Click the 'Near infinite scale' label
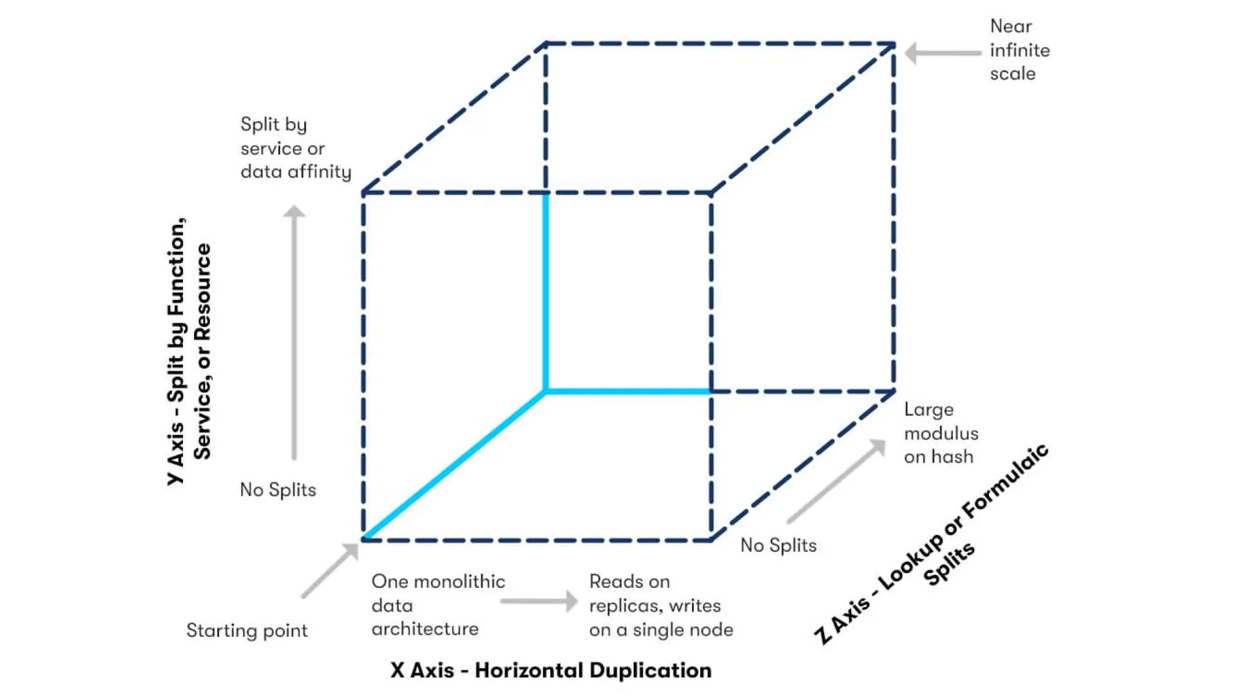point(1019,50)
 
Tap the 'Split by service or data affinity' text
point(295,148)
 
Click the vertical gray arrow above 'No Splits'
point(294,332)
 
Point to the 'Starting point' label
point(247,630)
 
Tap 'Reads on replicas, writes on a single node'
point(660,606)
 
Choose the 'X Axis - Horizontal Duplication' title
point(551,670)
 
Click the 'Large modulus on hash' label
point(941,433)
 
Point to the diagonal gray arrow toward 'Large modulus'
point(836,481)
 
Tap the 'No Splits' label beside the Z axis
point(778,545)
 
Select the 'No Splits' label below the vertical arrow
point(278,490)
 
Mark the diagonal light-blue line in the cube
point(454,464)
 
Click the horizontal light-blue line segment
point(628,391)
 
